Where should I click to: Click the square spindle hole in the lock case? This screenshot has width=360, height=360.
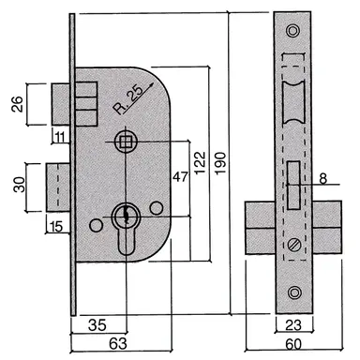[x=123, y=142]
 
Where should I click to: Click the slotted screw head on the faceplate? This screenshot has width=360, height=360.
[x=292, y=246]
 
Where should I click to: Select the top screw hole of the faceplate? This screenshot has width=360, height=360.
[x=293, y=33]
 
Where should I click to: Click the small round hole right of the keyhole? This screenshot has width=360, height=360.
[x=157, y=207]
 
